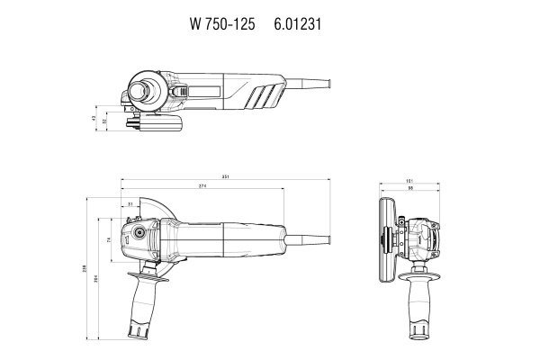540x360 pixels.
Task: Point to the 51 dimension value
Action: click(x=130, y=204)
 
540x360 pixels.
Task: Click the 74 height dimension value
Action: click(x=108, y=240)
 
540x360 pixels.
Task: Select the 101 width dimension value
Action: click(x=409, y=180)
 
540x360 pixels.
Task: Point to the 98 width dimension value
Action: click(x=409, y=188)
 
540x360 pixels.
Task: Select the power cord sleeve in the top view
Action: click(x=310, y=86)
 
